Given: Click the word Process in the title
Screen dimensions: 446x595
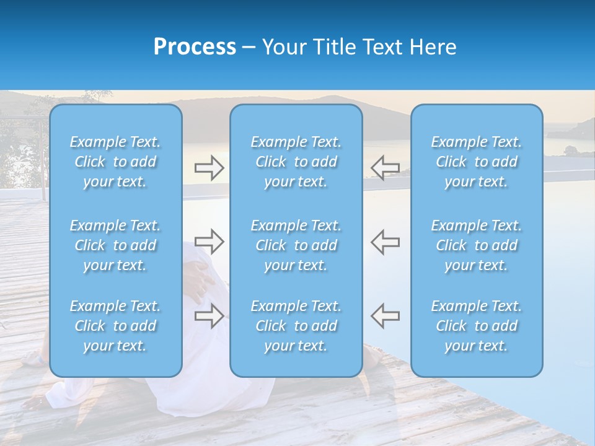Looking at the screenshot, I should point(195,47).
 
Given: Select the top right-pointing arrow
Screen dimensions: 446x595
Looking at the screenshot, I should point(209,167).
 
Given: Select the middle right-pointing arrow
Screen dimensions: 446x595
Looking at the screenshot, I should point(209,242).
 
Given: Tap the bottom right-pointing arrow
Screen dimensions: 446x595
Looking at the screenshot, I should point(209,315).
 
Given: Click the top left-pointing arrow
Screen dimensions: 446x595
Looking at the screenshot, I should point(386,167).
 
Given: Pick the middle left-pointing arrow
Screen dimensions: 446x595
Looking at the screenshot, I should point(386,242).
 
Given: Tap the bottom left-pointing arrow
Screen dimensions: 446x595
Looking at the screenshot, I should point(386,315).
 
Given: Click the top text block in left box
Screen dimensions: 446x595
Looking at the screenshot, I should point(115,162).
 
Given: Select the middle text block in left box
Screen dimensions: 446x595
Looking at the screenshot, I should point(115,245).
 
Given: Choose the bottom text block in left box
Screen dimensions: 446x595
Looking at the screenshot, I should point(115,326).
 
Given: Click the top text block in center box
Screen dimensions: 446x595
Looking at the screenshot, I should point(296,162).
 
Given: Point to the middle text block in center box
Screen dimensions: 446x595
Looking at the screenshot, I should point(296,245).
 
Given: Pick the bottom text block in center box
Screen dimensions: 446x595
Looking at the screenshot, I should point(296,326).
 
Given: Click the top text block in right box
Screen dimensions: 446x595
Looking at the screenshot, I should point(476,162).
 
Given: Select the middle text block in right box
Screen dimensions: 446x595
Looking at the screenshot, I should point(476,245).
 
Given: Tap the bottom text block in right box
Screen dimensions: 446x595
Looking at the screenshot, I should point(476,326).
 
